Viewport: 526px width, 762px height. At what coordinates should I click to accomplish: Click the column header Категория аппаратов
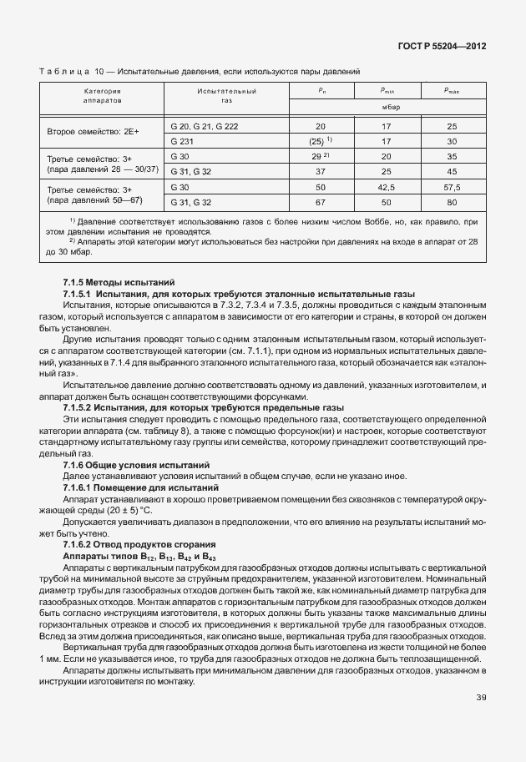[103, 94]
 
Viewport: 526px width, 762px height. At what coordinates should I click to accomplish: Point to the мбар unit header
[387, 107]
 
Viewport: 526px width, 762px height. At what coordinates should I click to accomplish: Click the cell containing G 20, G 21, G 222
[204, 126]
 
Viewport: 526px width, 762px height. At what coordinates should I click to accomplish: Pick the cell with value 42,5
[387, 189]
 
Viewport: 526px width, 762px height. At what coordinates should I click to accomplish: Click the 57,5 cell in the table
[452, 189]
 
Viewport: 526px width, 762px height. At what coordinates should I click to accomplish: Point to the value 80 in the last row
[452, 203]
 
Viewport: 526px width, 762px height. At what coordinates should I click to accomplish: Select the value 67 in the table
[321, 203]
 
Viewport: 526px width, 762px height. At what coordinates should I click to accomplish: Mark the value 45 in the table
[452, 171]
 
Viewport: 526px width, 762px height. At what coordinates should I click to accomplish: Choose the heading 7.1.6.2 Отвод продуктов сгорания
[141, 543]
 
